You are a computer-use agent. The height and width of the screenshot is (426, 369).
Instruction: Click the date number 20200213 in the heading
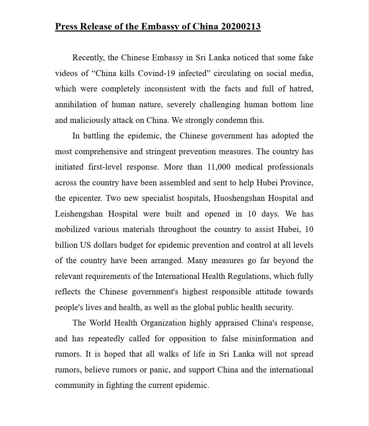pos(241,26)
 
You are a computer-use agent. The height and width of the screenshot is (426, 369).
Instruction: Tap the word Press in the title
pos(66,26)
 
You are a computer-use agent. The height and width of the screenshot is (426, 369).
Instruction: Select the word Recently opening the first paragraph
pos(88,58)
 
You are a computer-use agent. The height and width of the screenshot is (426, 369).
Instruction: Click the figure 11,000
pos(219,167)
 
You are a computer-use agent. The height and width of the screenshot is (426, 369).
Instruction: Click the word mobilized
pos(73,230)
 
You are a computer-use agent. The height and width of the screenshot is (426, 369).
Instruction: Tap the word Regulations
pos(249,276)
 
